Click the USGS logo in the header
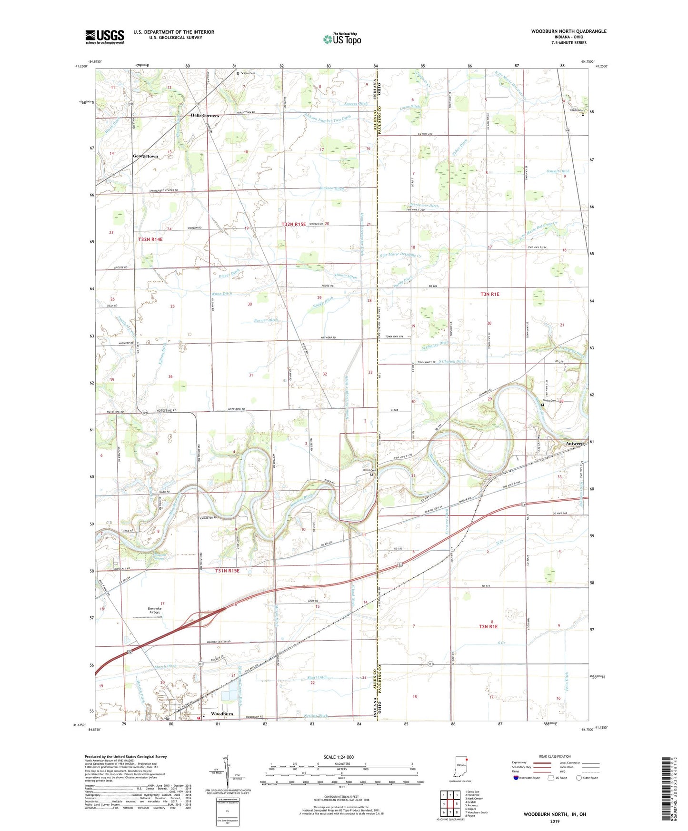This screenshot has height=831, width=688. (x=105, y=37)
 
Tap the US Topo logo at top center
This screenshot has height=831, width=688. (x=342, y=39)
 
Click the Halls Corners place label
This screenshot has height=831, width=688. (x=205, y=116)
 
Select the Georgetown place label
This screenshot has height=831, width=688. (x=145, y=156)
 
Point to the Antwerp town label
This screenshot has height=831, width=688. (x=575, y=444)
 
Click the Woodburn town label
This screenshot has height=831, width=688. (x=222, y=714)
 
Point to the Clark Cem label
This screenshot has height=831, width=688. (x=577, y=110)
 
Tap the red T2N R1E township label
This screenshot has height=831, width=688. (x=488, y=627)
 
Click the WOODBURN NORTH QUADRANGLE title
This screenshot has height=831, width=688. (x=568, y=31)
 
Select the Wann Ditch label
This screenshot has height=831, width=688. (x=221, y=294)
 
